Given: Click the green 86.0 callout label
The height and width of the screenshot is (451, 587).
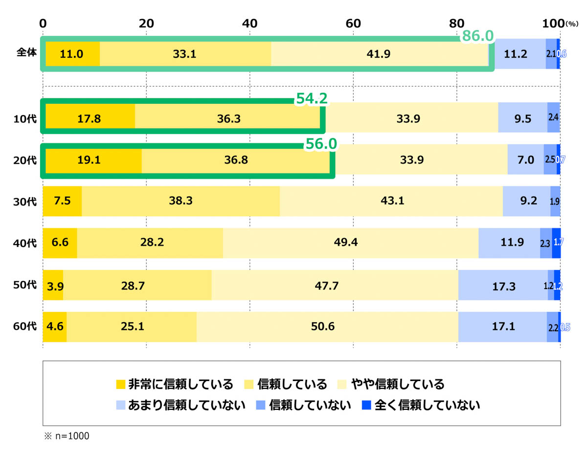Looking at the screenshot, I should click(x=478, y=35).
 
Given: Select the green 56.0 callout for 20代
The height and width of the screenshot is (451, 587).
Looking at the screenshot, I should click(x=321, y=142).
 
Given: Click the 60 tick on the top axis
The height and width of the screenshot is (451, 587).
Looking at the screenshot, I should click(x=353, y=23).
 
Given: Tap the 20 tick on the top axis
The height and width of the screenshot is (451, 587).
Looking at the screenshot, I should click(x=146, y=23).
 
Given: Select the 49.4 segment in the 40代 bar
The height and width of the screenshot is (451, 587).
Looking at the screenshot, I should click(x=350, y=243).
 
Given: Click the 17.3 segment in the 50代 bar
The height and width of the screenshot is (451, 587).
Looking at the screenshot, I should click(x=503, y=285).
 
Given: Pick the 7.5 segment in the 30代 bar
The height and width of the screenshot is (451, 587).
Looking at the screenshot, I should click(x=62, y=201).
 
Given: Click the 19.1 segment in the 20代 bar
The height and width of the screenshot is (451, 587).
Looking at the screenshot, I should click(x=93, y=159).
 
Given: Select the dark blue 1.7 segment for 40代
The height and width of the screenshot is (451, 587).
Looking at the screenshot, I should click(x=556, y=243).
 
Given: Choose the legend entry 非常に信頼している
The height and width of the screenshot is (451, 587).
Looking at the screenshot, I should click(x=175, y=384).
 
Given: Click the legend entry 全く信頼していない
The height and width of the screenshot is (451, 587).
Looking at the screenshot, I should click(x=420, y=405).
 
